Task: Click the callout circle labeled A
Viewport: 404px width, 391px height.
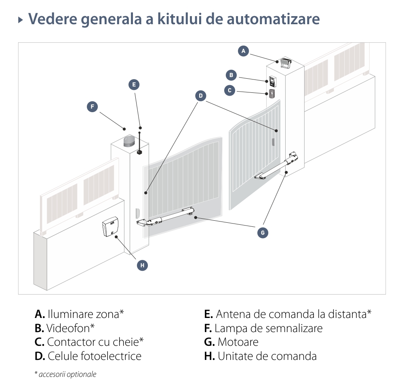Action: click(x=243, y=51)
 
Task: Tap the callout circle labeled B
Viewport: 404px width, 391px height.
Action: click(x=231, y=75)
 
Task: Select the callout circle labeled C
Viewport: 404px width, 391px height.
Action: click(x=229, y=90)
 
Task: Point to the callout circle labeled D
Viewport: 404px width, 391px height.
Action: click(x=201, y=96)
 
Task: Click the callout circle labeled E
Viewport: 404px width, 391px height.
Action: click(x=134, y=85)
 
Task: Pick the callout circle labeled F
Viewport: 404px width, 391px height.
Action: click(x=93, y=107)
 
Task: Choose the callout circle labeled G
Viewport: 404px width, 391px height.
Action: click(x=263, y=232)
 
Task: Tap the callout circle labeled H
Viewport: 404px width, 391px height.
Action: click(x=142, y=265)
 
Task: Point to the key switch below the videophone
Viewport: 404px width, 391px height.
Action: click(x=272, y=94)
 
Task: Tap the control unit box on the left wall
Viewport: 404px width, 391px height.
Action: click(x=110, y=227)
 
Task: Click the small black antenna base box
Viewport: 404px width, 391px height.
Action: click(x=139, y=153)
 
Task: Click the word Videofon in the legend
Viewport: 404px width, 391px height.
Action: click(x=70, y=328)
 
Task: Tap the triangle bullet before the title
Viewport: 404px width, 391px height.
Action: click(x=21, y=19)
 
